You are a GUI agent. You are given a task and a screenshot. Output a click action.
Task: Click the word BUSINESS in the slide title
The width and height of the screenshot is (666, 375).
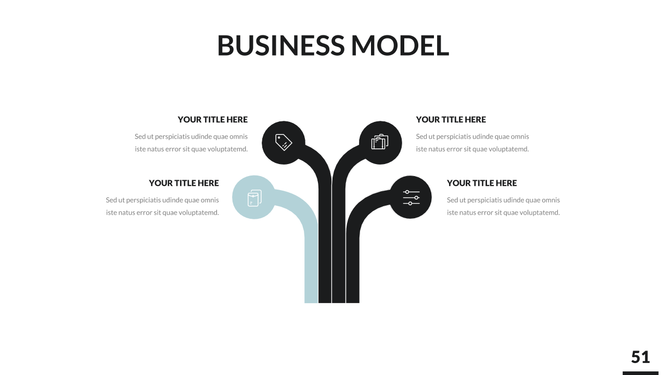coord(280,45)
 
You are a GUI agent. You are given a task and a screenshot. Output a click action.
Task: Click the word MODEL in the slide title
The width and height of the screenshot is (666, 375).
coord(400,45)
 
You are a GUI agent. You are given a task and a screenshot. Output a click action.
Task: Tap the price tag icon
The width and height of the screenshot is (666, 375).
coord(284,142)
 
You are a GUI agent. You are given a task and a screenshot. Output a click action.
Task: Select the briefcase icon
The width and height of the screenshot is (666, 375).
coord(380,142)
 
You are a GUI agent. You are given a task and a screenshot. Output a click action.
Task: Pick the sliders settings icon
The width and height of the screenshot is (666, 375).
coord(411,197)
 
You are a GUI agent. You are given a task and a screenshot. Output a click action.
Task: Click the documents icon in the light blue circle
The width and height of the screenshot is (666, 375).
coord(254,198)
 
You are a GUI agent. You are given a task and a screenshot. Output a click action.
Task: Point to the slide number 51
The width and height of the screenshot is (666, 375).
coord(641,357)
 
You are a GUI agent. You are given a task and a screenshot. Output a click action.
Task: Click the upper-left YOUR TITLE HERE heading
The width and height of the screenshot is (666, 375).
coord(212,120)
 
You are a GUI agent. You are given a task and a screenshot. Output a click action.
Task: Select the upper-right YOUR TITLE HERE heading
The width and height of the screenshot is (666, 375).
coord(451,120)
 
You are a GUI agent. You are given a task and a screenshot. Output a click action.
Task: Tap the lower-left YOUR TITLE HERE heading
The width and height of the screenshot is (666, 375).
coord(184,183)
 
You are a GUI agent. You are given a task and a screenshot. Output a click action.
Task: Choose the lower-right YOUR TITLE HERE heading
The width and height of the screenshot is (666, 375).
coord(482,183)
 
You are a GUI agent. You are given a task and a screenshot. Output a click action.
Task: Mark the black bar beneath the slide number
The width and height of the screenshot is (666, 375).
coord(641,373)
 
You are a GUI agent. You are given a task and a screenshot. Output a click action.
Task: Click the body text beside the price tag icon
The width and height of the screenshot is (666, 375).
coord(191,143)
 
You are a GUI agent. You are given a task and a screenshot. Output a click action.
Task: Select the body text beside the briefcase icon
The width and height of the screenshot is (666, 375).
coord(472,143)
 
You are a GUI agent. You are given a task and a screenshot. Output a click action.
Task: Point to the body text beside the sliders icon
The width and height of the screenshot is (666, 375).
coord(503,206)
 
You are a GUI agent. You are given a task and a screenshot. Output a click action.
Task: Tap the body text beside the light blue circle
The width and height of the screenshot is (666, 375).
coord(162,206)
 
